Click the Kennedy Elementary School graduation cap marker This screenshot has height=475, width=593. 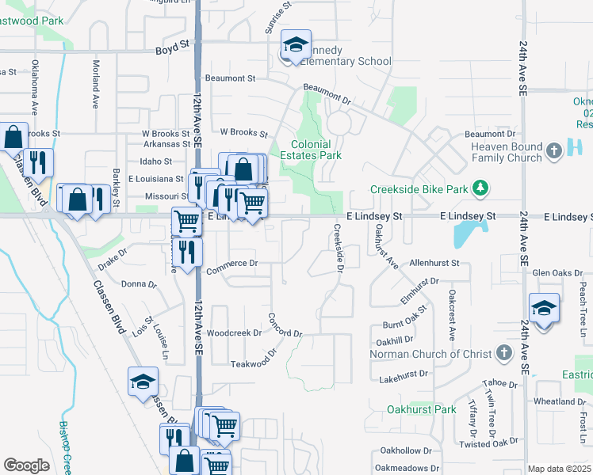click(296, 46)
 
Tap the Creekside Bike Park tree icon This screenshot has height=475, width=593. click(479, 188)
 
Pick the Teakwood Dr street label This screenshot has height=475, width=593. click(256, 363)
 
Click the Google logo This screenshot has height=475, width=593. click(26, 465)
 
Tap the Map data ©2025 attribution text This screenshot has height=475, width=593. click(560, 469)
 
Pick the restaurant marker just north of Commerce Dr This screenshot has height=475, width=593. click(187, 253)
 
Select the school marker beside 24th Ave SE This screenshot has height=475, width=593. click(544, 309)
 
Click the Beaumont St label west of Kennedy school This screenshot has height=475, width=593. click(230, 78)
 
